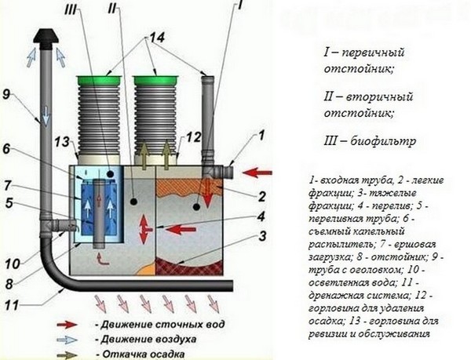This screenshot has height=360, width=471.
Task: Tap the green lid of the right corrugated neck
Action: click(155, 78)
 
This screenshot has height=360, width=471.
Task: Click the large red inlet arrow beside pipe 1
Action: click(257, 170)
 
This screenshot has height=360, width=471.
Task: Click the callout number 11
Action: click(9, 301)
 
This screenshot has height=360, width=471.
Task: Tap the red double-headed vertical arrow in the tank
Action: click(142, 232)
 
